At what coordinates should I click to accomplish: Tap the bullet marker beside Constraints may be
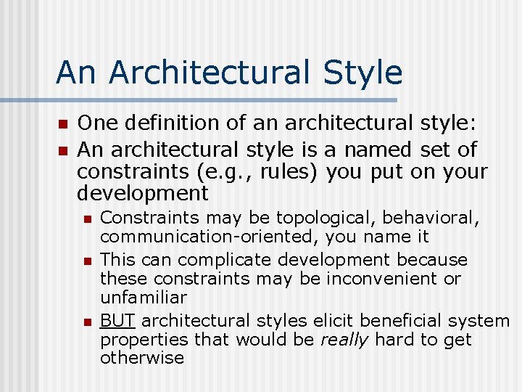(86, 219)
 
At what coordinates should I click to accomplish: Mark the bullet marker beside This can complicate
(86, 260)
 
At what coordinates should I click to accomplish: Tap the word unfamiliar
(144, 298)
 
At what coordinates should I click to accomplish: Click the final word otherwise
(142, 358)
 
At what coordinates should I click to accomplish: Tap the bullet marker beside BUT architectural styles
(86, 321)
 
